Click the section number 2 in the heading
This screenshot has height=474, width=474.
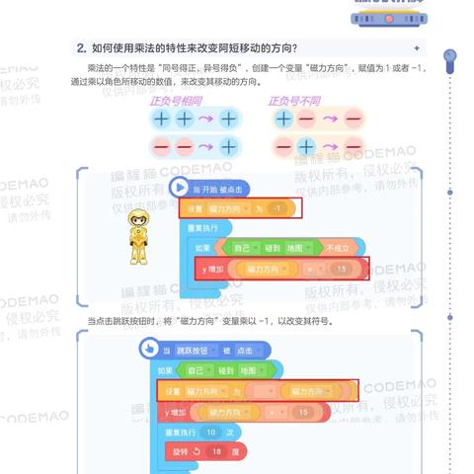point(81,47)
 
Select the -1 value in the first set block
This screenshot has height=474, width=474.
point(278,208)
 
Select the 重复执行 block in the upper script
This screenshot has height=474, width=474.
point(203,228)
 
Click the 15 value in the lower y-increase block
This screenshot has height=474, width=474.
point(303,412)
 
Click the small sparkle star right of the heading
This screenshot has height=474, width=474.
point(417,47)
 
